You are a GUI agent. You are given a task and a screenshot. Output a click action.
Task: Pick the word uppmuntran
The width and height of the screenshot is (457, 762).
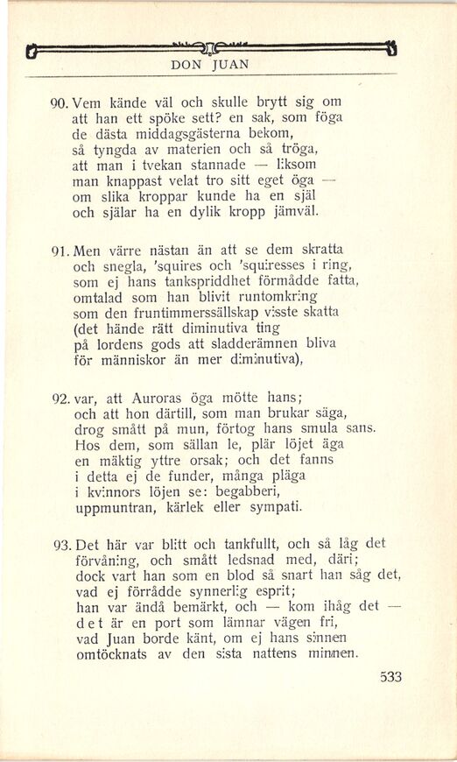[x=117, y=508]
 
